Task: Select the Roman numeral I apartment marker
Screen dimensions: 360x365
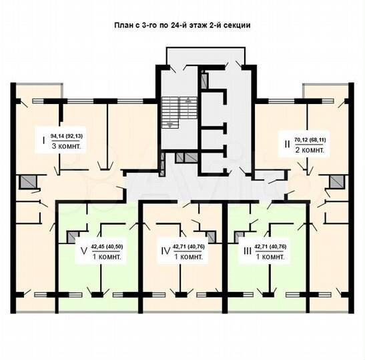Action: point(43,141)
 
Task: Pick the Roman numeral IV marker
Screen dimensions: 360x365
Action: point(165,251)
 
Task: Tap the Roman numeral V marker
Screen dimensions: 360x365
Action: point(83,251)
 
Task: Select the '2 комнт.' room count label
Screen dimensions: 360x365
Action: point(310,150)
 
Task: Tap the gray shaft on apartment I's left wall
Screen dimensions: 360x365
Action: point(27,181)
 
